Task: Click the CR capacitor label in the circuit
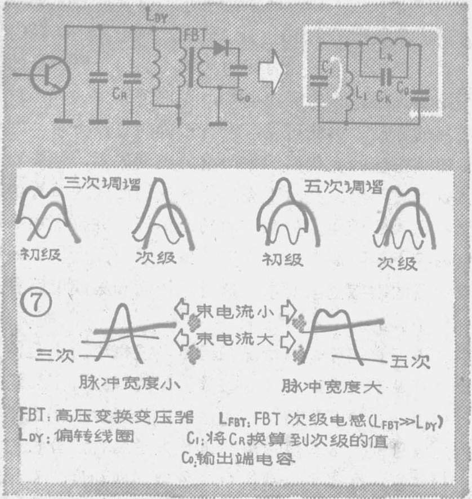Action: pyautogui.click(x=133, y=94)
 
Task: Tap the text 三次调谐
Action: pyautogui.click(x=100, y=183)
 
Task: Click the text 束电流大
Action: pyautogui.click(x=235, y=338)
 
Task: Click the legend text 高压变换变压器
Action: pyautogui.click(x=132, y=418)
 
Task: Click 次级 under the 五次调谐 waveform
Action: pyautogui.click(x=398, y=264)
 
